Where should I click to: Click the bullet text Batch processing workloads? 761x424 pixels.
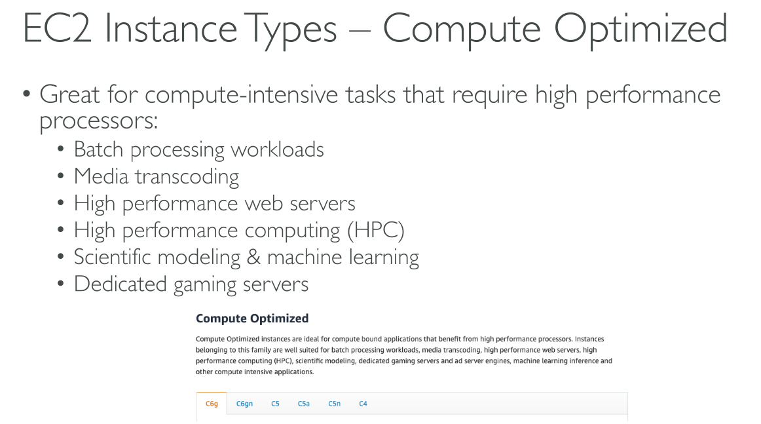tap(199, 149)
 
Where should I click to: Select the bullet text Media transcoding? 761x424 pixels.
tap(157, 176)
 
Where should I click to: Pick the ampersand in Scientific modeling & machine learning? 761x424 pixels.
tap(253, 257)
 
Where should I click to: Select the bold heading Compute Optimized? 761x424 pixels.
tap(252, 318)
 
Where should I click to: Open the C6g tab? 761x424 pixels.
tap(212, 404)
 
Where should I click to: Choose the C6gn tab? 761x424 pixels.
tap(244, 404)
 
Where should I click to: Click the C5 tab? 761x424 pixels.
tap(275, 404)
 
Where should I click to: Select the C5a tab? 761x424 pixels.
tap(303, 404)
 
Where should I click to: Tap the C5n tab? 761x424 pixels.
tap(334, 404)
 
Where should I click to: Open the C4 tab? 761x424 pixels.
tap(363, 404)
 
